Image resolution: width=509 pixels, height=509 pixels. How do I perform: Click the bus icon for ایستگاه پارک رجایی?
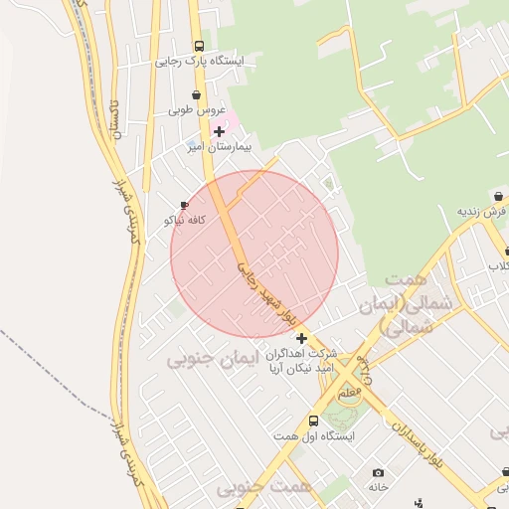coord(199,46)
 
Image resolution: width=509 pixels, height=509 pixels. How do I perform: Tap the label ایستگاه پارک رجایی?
coord(199,61)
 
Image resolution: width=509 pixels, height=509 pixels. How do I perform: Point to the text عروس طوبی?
coord(197,110)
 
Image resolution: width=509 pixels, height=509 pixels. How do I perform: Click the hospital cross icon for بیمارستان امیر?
coord(219,131)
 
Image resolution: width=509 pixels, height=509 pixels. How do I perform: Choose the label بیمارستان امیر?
coord(219,146)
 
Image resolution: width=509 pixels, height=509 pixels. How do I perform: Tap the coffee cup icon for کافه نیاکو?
coord(184,205)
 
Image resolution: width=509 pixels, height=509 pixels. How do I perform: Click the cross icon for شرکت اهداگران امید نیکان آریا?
coord(301,338)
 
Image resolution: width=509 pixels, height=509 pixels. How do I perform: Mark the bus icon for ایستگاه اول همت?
coord(314,421)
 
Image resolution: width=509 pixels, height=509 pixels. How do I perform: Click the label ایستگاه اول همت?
coord(314,435)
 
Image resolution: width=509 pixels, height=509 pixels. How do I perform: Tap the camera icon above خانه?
coord(378,472)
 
